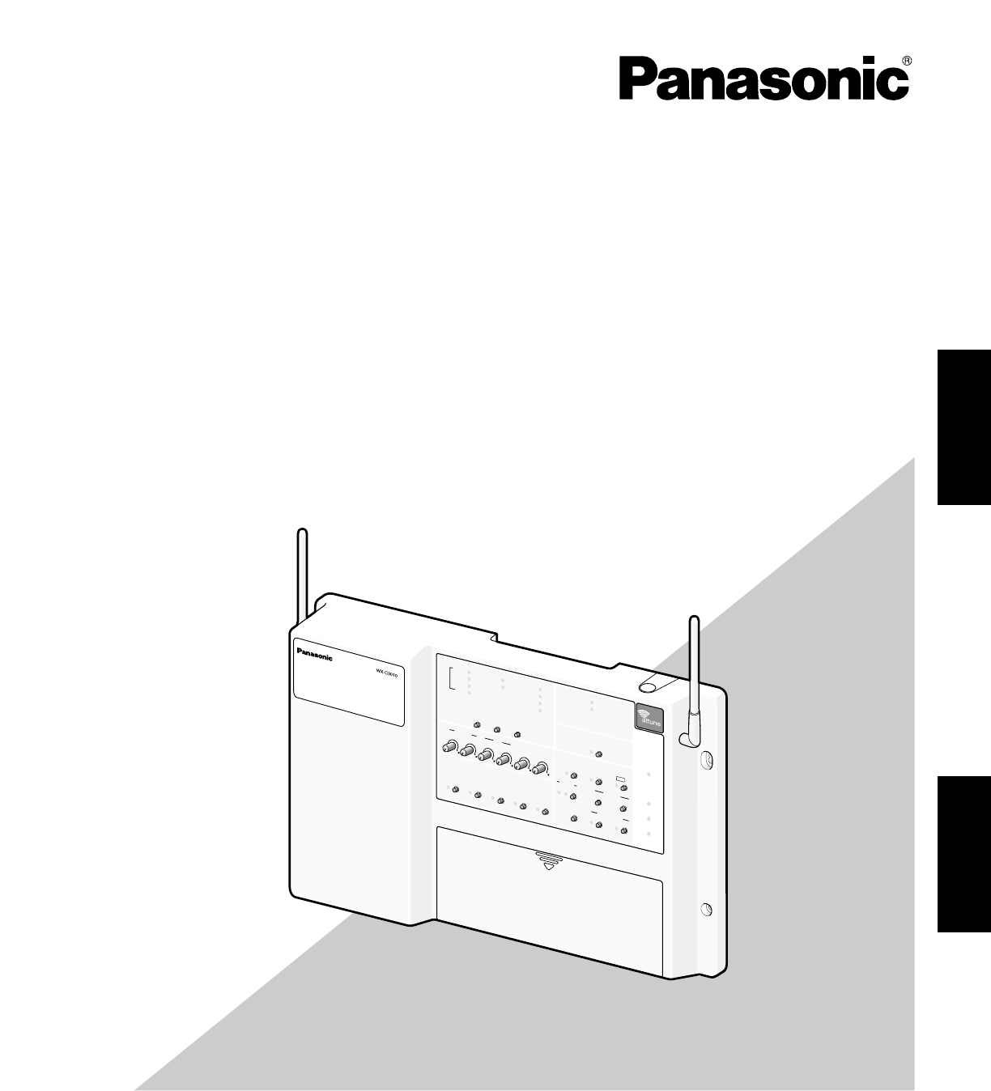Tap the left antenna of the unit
point(303,575)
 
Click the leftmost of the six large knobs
point(449,746)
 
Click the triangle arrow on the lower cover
point(550,865)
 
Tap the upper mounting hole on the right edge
point(704,760)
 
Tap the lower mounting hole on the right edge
point(705,909)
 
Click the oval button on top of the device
point(649,687)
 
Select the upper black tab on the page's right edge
point(964,427)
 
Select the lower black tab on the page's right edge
point(964,855)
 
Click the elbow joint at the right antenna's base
point(687,738)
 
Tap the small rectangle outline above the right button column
point(621,779)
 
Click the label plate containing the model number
point(348,680)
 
